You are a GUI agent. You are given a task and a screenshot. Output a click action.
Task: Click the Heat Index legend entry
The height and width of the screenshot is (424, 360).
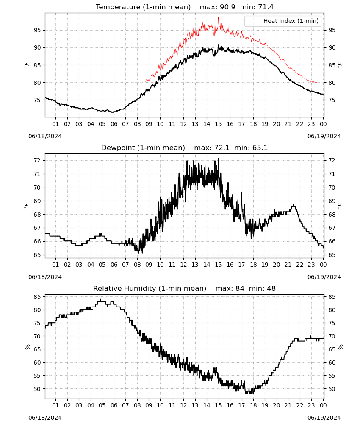[283, 21]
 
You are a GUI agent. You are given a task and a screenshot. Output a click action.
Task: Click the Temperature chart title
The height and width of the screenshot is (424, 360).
[143, 7]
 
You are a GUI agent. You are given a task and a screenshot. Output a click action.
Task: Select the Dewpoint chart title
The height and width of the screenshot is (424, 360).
[143, 148]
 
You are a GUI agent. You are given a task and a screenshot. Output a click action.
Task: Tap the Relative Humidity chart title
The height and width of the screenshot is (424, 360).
[150, 288]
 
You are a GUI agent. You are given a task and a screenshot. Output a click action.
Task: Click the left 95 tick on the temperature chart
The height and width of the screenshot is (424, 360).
[37, 30]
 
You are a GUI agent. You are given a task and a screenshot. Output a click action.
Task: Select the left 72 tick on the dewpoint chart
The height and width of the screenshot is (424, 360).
[37, 160]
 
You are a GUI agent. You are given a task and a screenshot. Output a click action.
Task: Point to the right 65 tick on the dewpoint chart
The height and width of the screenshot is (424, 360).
[332, 255]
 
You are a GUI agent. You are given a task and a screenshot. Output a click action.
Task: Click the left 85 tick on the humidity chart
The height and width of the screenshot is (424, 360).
[37, 297]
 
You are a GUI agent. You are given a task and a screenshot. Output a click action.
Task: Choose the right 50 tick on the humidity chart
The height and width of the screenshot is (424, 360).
[332, 389]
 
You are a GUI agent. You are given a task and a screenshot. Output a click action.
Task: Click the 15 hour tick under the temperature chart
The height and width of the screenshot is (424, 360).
[218, 124]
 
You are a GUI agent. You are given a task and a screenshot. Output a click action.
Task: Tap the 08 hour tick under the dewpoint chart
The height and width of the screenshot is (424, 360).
[137, 265]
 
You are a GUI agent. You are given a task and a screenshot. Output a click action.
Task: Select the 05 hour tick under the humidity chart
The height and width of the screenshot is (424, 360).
[102, 406]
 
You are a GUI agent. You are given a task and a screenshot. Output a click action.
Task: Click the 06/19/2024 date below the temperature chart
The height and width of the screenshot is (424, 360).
[324, 136]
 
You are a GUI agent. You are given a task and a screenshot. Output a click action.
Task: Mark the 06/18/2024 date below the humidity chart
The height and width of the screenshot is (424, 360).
[45, 418]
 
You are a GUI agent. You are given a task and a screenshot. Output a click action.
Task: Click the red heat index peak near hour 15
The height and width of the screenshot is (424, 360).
[219, 18]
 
